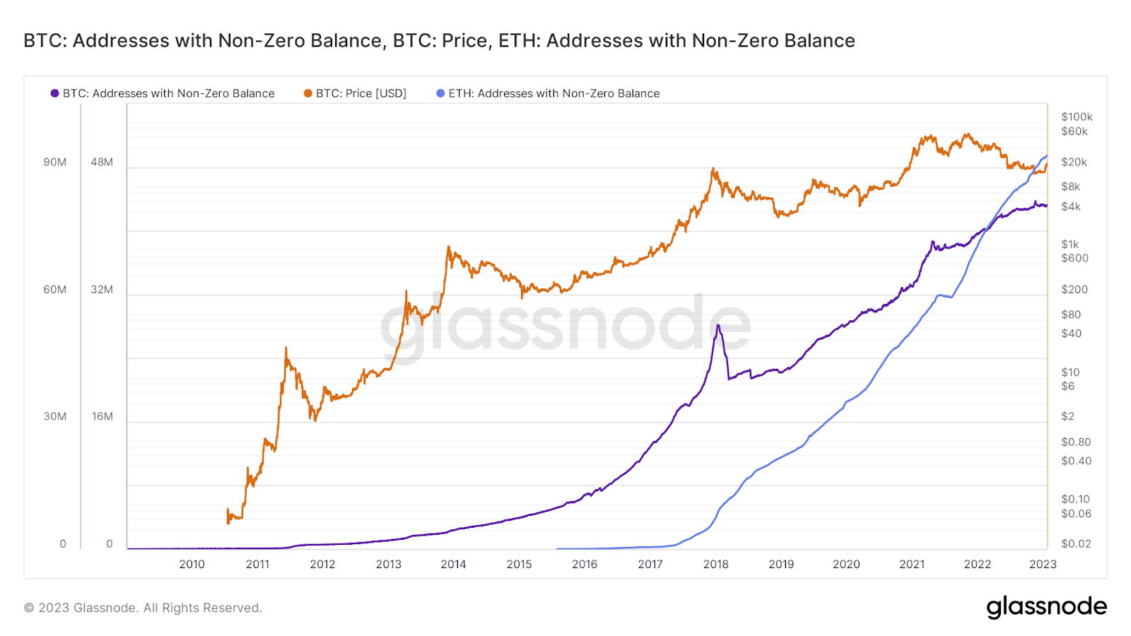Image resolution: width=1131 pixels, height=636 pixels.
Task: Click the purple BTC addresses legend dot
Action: pos(54,93)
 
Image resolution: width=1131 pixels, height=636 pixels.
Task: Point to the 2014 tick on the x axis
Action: pos(453,564)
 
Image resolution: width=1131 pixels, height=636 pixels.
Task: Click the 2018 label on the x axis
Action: pos(715,564)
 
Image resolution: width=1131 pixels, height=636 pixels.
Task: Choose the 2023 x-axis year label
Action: pos(1043,564)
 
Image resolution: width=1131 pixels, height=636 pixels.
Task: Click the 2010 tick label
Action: pos(192,564)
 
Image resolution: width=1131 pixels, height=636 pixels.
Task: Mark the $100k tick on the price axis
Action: pos(1077,117)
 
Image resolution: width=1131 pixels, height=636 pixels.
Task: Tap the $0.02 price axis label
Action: pos(1076,543)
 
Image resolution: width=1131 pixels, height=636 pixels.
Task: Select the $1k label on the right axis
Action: pos(1070,244)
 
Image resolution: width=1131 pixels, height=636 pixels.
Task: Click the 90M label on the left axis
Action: pos(55,162)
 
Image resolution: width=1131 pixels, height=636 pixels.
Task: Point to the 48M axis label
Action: pos(102,162)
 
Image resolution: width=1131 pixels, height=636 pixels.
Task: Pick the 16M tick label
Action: pos(102,416)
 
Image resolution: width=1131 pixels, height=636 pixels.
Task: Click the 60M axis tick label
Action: pos(55,289)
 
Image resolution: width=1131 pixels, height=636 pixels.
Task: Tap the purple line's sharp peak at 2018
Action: pos(718,325)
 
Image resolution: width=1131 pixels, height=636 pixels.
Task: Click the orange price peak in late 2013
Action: pos(449,247)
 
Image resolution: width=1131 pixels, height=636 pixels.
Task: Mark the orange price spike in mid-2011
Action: pos(286,348)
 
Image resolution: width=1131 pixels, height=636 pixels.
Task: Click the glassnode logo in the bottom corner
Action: pos(1046,607)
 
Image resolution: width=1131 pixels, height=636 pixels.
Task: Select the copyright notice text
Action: pos(143,608)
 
